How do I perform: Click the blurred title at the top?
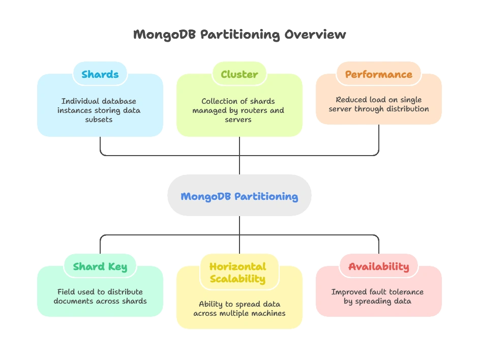coord(239,36)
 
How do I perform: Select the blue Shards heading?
coord(100,74)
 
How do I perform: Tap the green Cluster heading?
coord(239,74)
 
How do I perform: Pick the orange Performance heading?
coord(378,74)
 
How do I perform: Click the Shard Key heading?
coord(100,266)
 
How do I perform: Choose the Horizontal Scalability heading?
coord(237,273)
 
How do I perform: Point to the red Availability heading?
coord(378,266)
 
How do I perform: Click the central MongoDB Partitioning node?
coord(239,196)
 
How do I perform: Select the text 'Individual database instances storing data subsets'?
coord(99,110)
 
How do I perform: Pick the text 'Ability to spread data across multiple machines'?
coord(239,309)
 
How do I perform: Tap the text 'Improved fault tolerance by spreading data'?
coord(377,296)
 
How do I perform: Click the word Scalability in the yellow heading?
coord(237,279)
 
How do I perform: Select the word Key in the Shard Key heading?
coord(117,266)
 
